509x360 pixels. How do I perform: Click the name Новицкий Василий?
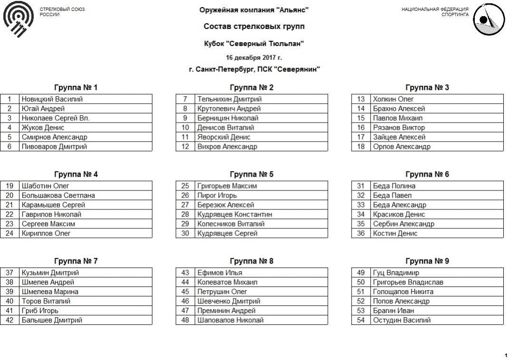(x=52, y=99)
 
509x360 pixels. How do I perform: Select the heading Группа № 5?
(x=251, y=174)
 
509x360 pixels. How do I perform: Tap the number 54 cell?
(x=361, y=320)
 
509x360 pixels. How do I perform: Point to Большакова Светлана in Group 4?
(x=58, y=195)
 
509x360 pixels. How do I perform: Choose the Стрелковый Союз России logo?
(x=18, y=19)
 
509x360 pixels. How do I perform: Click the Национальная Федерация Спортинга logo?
(x=488, y=19)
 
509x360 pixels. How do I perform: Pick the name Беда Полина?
(x=394, y=186)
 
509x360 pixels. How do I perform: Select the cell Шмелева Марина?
(x=50, y=292)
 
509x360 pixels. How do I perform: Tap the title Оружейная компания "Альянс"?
(x=254, y=10)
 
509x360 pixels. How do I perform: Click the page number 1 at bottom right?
(x=506, y=355)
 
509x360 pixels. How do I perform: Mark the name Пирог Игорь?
(x=217, y=195)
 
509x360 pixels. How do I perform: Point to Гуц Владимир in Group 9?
(x=396, y=273)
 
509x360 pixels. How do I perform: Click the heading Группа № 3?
(x=427, y=87)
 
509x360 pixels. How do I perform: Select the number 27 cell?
(x=185, y=205)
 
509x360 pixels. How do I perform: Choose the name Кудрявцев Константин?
(x=235, y=214)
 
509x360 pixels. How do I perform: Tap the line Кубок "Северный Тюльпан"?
(x=254, y=44)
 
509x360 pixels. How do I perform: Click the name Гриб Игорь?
(x=40, y=311)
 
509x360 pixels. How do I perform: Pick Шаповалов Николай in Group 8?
(x=230, y=320)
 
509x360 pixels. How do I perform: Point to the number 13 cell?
(x=361, y=99)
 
